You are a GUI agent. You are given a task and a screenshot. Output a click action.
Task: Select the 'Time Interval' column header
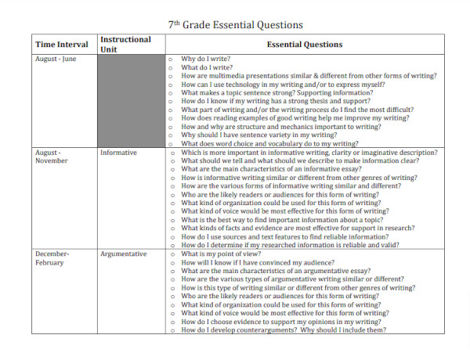60,45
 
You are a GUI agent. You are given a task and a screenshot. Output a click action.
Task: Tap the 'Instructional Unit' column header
125,44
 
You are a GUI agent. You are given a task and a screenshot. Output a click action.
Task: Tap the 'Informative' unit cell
118,153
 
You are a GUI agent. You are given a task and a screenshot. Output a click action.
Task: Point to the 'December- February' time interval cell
52,258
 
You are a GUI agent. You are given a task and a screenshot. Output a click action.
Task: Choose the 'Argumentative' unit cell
124,254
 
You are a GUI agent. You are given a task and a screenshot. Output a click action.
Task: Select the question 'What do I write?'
207,67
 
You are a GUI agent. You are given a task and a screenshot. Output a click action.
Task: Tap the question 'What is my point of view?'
220,254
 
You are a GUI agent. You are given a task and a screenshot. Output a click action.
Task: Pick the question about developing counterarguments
283,330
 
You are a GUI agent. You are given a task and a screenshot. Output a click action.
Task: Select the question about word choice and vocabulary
269,144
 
